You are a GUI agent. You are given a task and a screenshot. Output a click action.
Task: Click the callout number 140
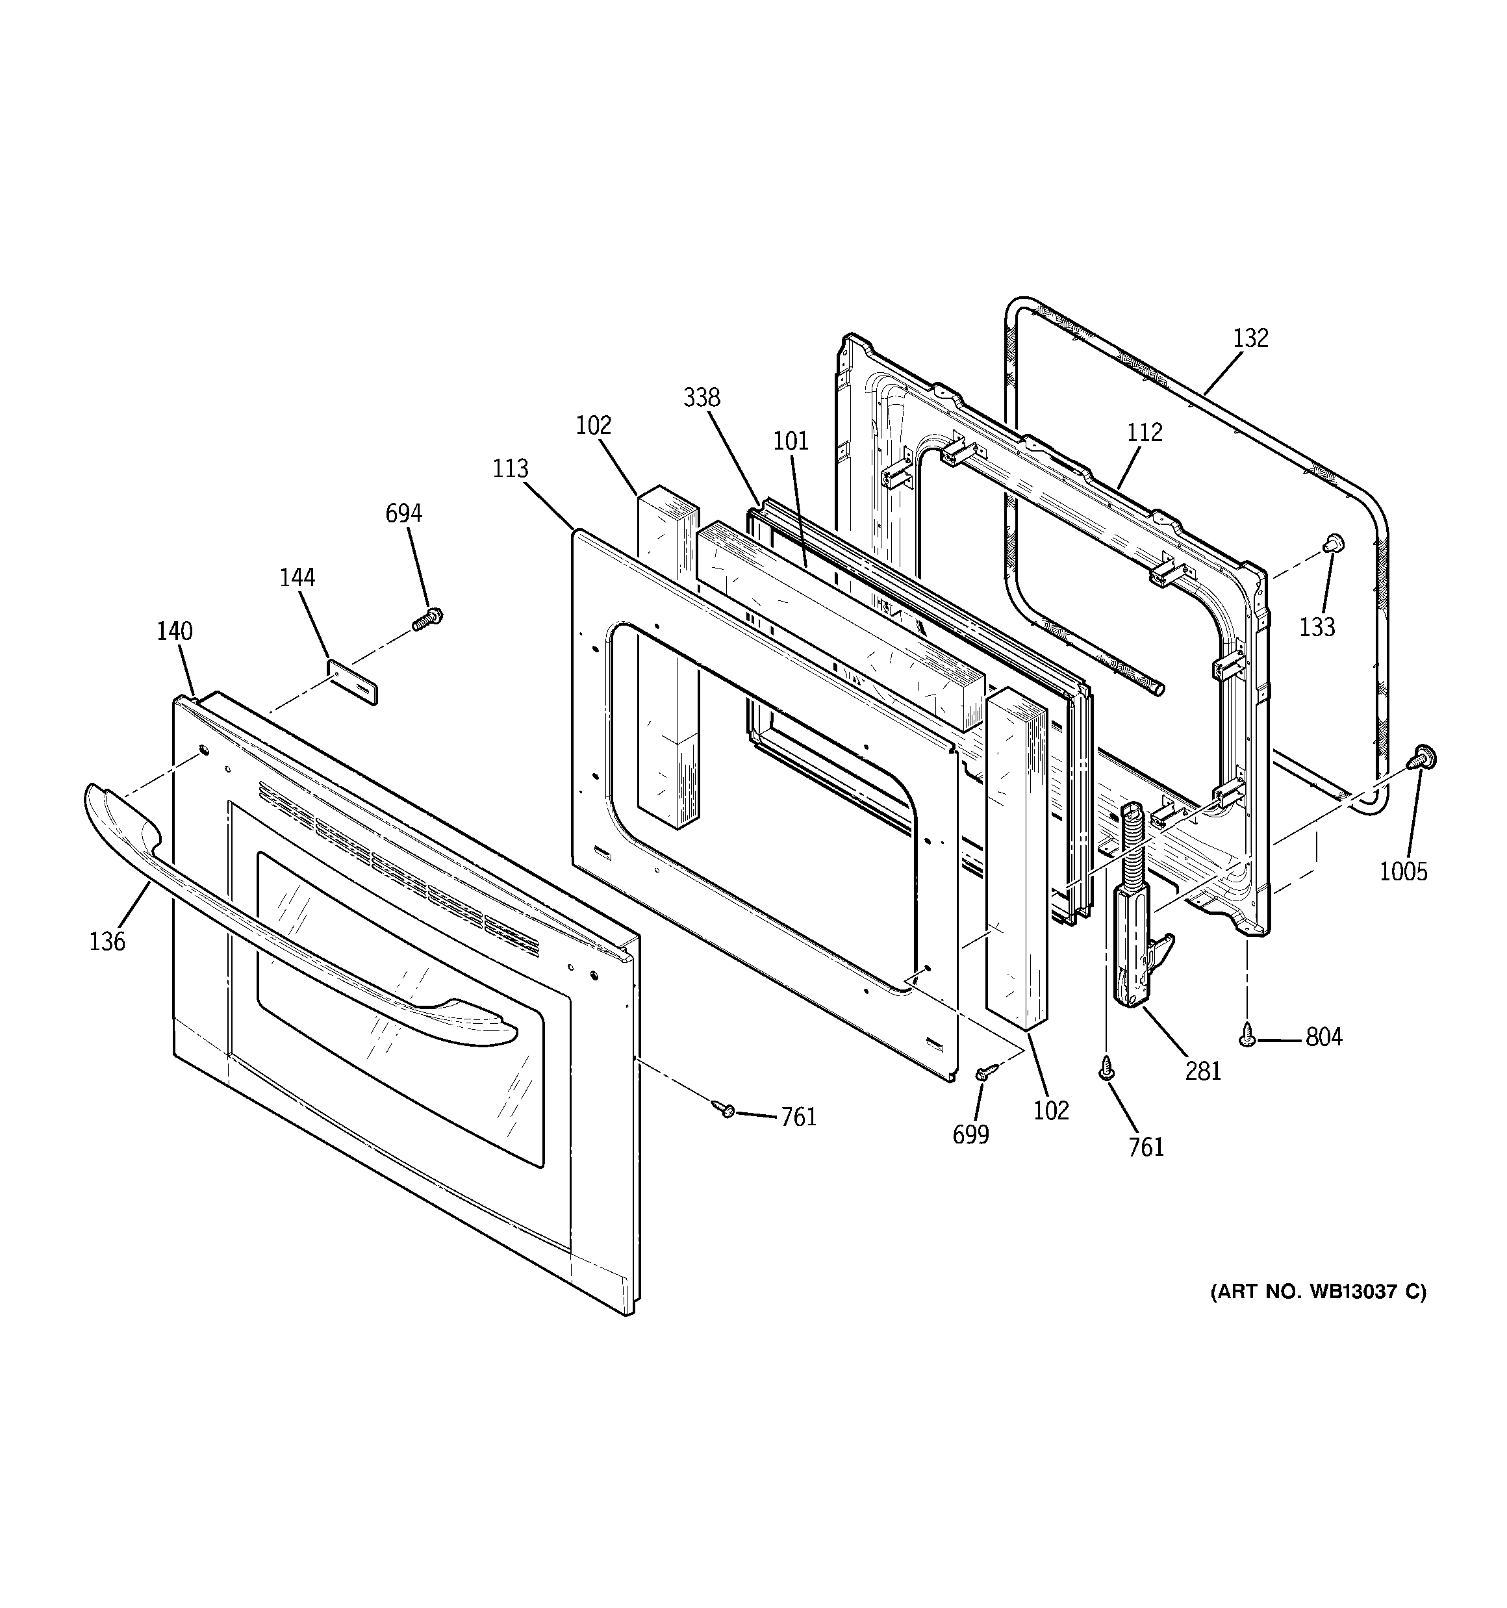coord(175,631)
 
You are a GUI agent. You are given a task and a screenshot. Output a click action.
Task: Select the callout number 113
coord(511,469)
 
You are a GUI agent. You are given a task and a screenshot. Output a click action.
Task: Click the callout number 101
coord(791,441)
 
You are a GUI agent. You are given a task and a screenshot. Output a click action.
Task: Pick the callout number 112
coord(1145,433)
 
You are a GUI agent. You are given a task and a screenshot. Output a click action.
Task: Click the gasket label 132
coord(1250,338)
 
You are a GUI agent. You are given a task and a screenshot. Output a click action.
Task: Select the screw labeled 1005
coord(1424,758)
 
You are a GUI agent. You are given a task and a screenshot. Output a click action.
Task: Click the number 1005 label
coord(1404,872)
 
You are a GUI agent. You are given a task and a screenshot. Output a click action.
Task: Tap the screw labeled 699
coord(985,1072)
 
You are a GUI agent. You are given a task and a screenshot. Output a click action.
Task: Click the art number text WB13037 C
coord(1318,1314)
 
